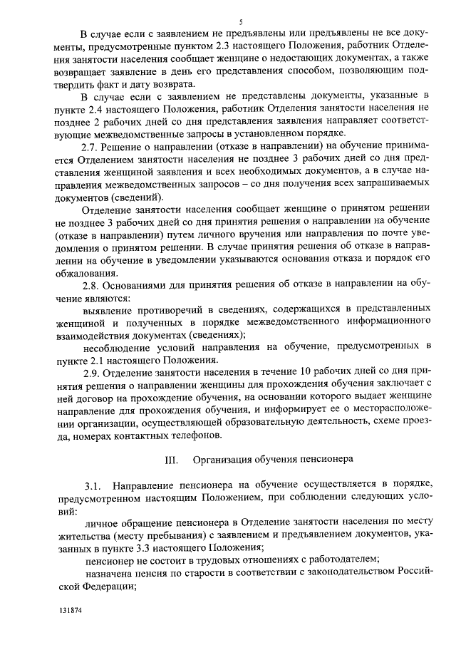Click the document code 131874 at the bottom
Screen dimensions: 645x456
pos(71,612)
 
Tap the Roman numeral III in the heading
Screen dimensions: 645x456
pos(170,459)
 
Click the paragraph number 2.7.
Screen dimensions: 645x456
pos(92,146)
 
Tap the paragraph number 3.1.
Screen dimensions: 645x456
pos(93,485)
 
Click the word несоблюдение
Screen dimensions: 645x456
pos(118,346)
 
